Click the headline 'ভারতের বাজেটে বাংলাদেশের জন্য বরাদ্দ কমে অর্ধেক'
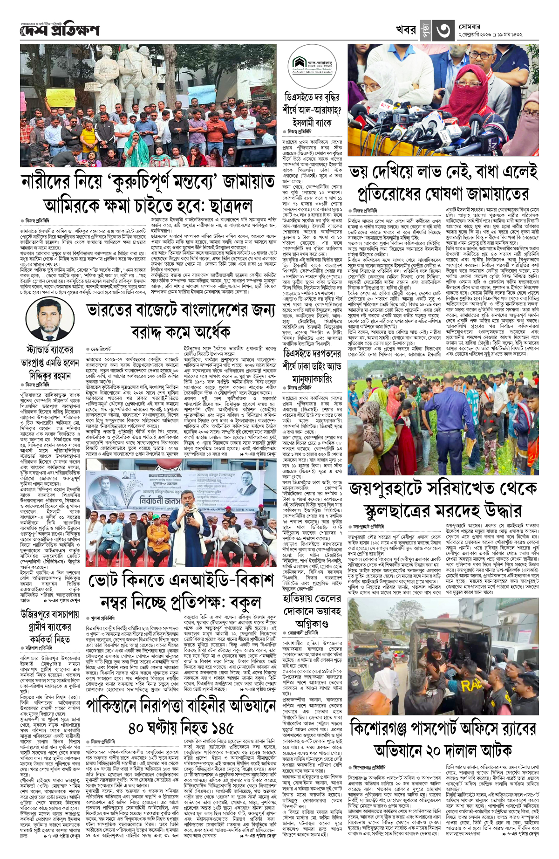[181, 322]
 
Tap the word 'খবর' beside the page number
[406, 30]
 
